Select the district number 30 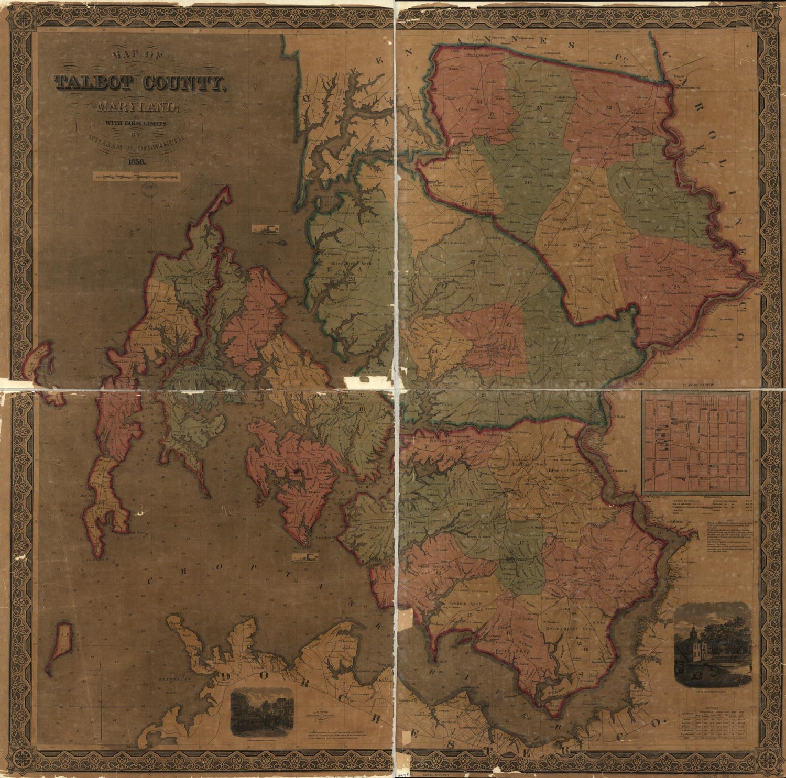(528, 183)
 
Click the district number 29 (464, 204)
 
